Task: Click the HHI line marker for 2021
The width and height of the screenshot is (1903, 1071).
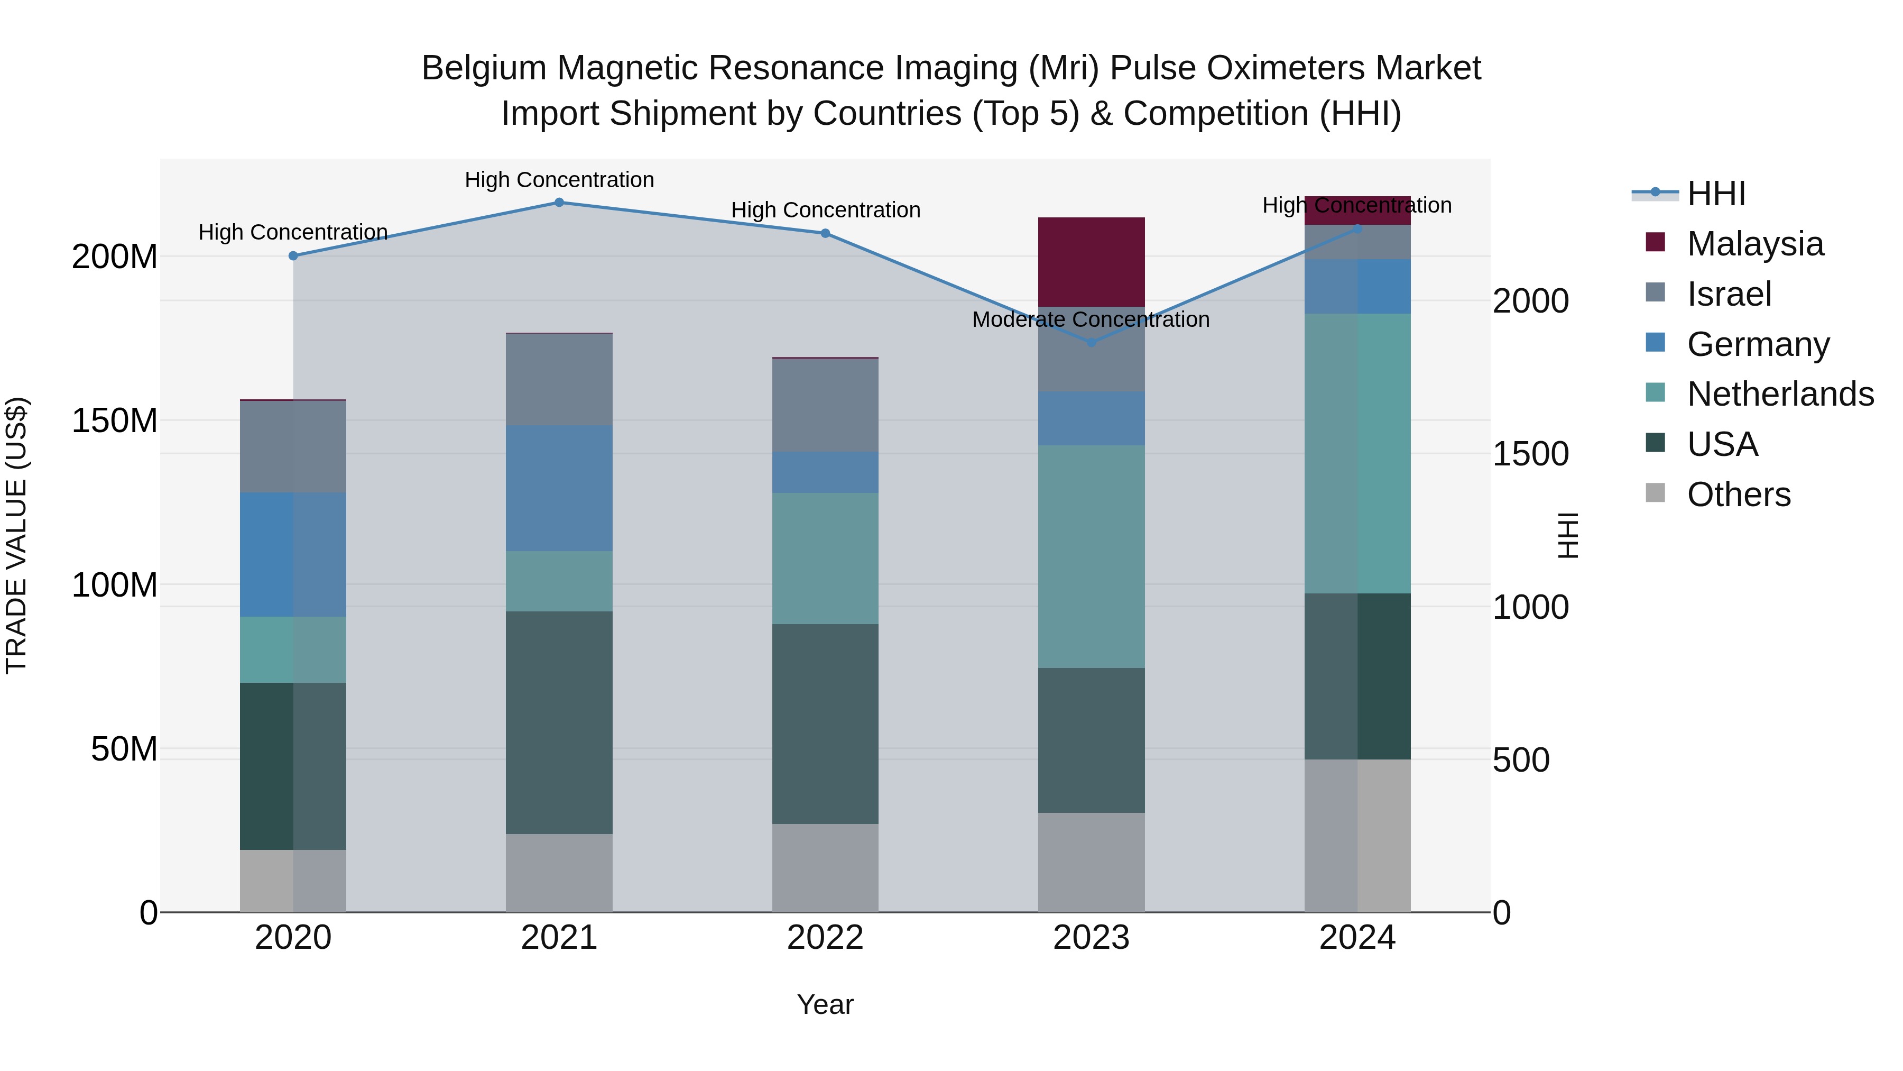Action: (559, 203)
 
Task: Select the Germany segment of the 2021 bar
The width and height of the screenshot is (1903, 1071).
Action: (559, 488)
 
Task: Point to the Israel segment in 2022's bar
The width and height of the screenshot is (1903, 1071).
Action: (825, 405)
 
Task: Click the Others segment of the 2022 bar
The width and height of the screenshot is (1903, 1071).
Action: (825, 868)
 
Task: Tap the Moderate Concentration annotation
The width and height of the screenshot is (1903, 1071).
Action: (1091, 320)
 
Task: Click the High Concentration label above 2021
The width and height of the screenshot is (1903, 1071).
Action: (559, 180)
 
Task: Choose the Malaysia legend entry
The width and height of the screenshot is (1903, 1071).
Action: (1754, 244)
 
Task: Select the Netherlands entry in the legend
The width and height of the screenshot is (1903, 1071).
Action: (1780, 394)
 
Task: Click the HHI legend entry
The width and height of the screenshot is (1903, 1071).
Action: (1716, 194)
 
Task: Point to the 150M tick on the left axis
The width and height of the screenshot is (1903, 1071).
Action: (115, 422)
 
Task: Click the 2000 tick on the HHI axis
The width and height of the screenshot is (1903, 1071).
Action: (1530, 301)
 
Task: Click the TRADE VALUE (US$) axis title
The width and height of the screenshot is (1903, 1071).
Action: (16, 535)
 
